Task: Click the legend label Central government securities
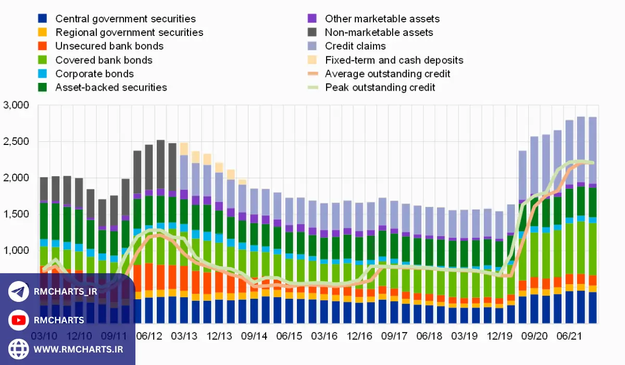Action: click(126, 19)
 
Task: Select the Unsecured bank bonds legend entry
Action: click(109, 46)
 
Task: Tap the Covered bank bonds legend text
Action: click(104, 60)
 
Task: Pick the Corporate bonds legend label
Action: click(94, 74)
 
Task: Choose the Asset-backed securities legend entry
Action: click(111, 87)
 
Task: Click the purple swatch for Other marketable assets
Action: click(312, 19)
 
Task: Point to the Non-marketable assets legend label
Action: click(379, 32)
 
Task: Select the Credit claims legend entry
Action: click(355, 46)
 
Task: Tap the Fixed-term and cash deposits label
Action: click(394, 60)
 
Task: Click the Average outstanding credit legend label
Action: click(387, 74)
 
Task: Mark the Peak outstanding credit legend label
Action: click(380, 87)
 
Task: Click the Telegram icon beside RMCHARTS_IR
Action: click(19, 292)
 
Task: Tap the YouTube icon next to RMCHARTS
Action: click(19, 320)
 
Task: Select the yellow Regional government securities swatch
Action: click(43, 32)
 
